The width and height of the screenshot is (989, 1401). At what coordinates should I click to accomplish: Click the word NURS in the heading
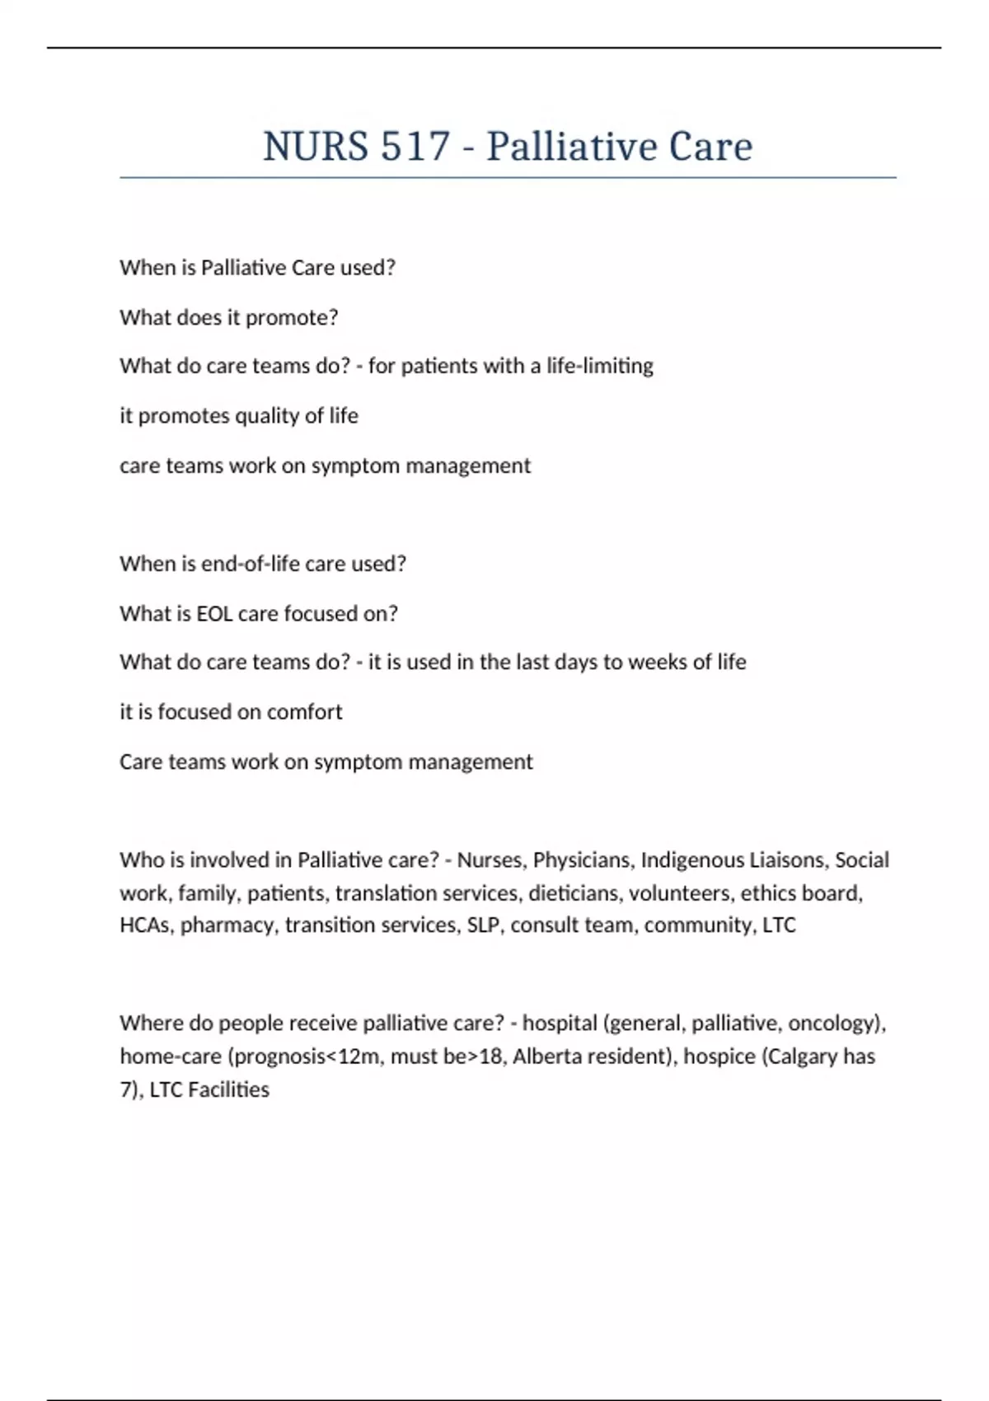click(316, 147)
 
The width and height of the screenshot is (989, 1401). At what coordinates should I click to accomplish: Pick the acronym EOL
click(214, 614)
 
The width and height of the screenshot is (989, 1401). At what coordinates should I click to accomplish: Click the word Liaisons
click(789, 860)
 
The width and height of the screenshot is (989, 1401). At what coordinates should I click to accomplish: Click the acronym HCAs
click(145, 925)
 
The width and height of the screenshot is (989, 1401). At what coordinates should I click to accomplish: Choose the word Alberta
click(545, 1057)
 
